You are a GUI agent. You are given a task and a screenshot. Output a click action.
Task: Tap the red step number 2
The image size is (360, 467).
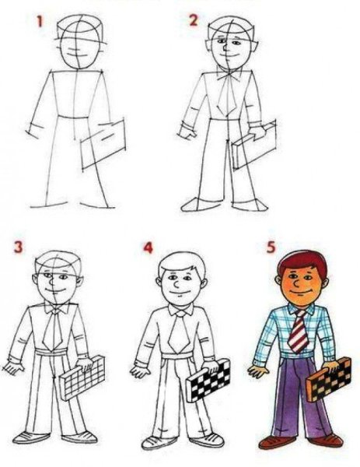(194, 19)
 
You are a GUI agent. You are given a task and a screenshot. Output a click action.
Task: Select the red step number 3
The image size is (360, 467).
(17, 250)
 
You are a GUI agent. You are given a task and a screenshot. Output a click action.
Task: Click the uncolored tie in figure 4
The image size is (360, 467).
(179, 330)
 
